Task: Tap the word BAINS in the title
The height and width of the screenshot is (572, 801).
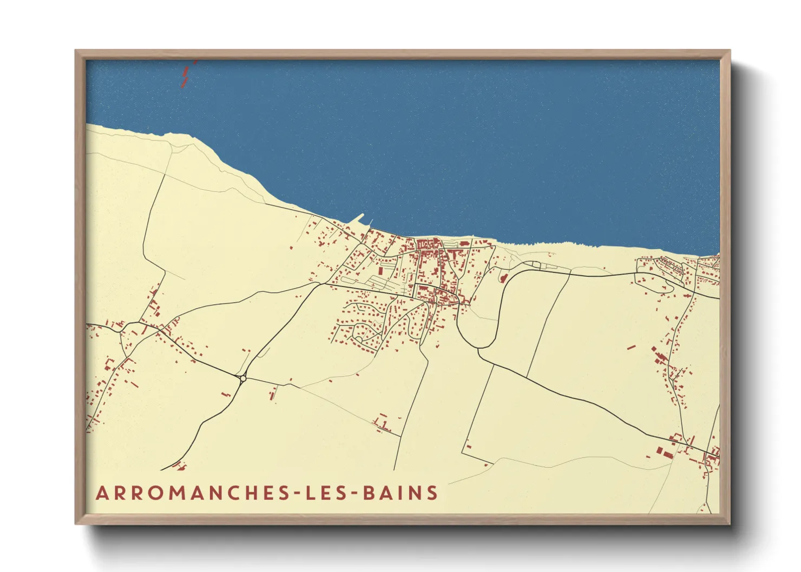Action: point(400,493)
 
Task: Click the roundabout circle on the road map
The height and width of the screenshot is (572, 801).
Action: point(242,378)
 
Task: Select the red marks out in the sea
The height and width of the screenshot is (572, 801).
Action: point(185,76)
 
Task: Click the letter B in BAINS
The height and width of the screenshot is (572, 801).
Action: point(369,493)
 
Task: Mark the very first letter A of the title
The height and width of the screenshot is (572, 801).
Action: point(101,493)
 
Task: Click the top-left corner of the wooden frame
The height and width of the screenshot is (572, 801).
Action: point(76,51)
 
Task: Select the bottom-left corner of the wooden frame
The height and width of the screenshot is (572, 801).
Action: point(76,523)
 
